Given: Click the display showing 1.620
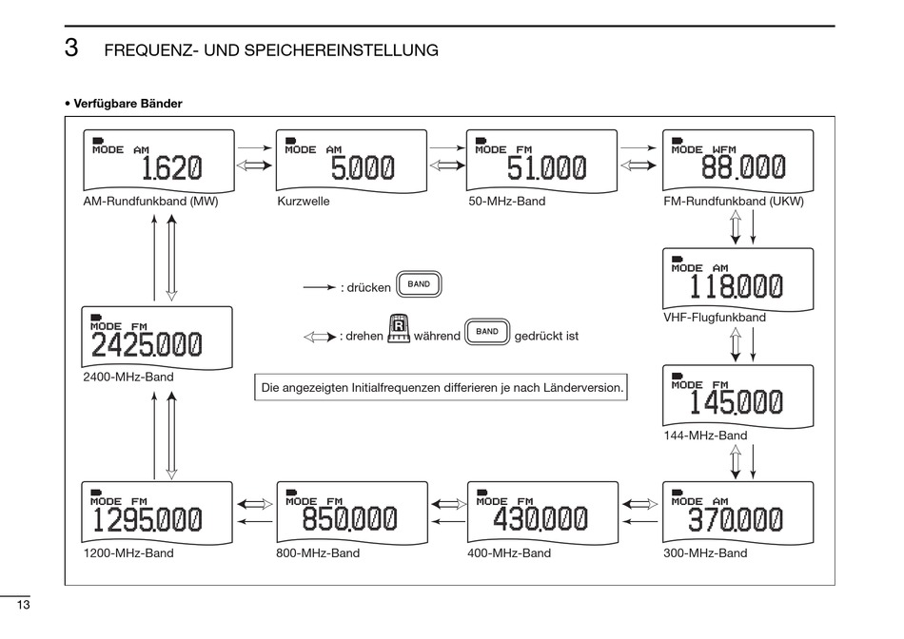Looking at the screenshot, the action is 159,161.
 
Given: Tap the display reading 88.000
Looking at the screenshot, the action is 738,161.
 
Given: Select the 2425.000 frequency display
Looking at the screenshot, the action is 157,338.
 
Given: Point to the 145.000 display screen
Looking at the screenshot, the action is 738,397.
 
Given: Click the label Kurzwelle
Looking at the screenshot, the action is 304,201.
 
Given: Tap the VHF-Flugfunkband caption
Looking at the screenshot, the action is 715,318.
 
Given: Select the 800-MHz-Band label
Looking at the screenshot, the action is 318,553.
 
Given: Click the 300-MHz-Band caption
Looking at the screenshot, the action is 705,553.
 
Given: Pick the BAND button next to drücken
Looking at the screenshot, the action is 419,284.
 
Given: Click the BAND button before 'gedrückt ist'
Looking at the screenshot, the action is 487,332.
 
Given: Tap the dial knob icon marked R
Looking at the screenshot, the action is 399,328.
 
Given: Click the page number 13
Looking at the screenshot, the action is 23,605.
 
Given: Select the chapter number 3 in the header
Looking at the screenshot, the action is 71,48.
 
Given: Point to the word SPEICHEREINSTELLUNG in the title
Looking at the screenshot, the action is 342,50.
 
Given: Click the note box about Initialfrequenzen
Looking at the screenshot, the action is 441,387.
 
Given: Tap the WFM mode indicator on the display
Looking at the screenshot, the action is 724,150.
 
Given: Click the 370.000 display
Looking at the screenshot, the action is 738,513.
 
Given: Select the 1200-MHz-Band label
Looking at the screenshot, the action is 128,553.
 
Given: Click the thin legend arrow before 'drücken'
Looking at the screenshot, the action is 320,287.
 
